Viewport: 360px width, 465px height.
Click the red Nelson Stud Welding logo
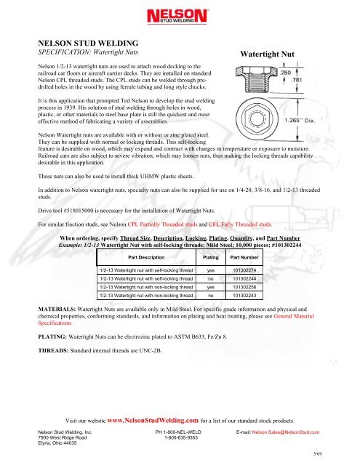click(177, 16)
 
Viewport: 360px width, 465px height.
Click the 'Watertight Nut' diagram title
click(267, 54)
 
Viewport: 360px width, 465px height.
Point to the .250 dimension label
click(286, 73)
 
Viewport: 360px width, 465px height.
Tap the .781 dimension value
click(297, 80)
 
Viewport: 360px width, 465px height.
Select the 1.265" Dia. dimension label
click(300, 121)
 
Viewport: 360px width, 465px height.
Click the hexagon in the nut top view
click(257, 118)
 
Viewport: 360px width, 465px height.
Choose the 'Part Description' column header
click(146, 257)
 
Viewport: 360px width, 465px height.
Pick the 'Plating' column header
click(210, 257)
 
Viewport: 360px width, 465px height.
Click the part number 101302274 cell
click(244, 270)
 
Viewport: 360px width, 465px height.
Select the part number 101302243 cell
click(244, 296)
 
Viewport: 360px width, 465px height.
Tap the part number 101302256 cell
click(244, 287)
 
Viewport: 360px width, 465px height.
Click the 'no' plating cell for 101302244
click(211, 279)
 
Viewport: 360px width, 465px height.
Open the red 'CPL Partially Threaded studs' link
click(162, 225)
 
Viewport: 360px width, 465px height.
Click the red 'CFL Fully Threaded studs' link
click(240, 225)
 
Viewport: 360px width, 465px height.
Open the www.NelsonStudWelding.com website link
click(153, 420)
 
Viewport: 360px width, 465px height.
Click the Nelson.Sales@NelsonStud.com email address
click(286, 432)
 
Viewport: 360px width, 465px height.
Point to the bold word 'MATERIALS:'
click(57, 309)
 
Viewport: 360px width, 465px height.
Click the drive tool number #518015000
click(79, 211)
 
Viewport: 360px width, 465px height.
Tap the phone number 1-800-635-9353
click(181, 437)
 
